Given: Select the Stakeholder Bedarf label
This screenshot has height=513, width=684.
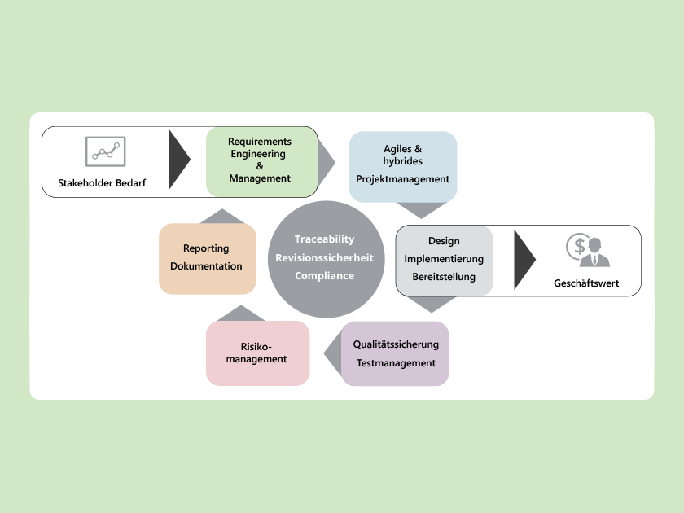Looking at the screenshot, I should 102,182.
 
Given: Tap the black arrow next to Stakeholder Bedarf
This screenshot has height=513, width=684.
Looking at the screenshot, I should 178,160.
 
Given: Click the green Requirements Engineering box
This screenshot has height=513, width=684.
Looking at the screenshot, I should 261,160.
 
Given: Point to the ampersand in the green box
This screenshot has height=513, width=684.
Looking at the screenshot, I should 260,166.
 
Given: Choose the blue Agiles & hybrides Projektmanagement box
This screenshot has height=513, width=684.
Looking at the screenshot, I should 402,166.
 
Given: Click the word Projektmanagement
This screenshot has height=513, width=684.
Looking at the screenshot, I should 402,179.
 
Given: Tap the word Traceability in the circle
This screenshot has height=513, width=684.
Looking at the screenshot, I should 325,239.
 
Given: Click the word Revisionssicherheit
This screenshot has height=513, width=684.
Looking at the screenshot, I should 325,257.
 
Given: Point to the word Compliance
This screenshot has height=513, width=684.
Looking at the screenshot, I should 325,275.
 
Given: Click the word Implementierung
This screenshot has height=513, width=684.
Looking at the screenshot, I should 444,259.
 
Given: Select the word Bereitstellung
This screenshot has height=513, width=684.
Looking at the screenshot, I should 444,277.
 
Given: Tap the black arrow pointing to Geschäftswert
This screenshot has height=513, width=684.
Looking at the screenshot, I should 524,260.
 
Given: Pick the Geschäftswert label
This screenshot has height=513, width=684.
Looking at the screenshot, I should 586,284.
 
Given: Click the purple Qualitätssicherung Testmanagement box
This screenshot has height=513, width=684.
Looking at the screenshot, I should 396,353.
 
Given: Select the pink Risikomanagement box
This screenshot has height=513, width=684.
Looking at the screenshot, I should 257,353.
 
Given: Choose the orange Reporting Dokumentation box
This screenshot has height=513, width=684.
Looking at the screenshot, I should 207,257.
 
